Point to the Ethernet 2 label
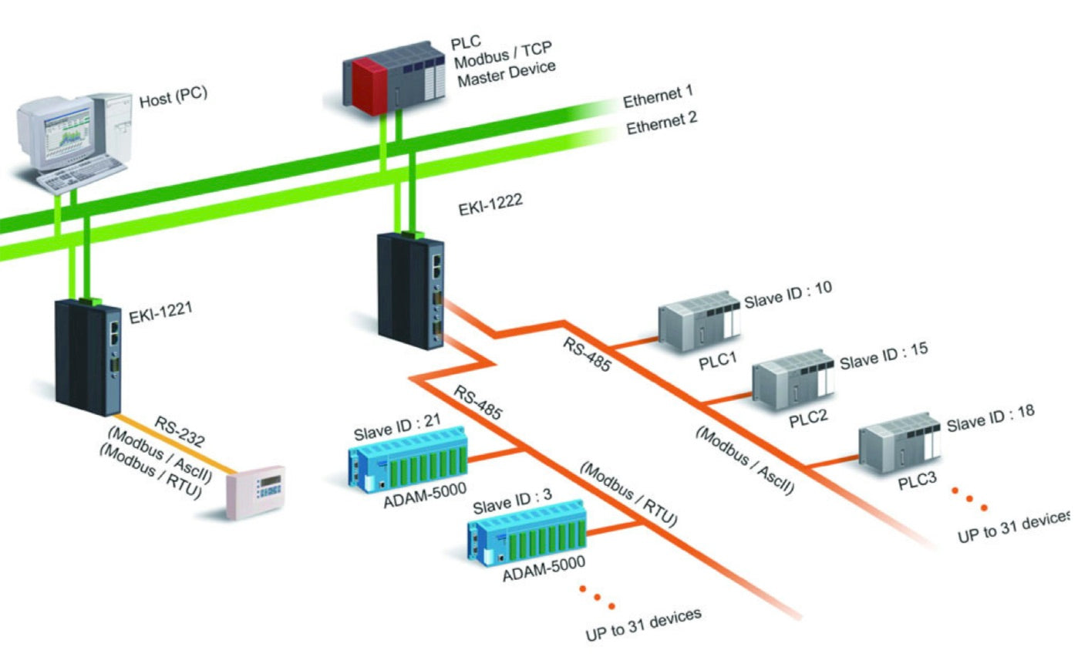(662, 123)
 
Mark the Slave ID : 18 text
(991, 416)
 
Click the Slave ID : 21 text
(397, 426)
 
